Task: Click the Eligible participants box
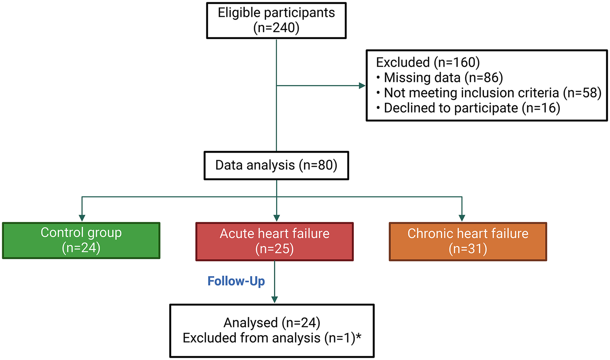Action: tap(276, 20)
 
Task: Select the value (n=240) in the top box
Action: tap(276, 28)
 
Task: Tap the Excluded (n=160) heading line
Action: tap(428, 62)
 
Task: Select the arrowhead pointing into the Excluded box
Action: tap(362, 86)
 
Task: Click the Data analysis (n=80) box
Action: tap(276, 165)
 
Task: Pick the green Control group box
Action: tap(81, 240)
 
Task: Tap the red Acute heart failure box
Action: tap(275, 241)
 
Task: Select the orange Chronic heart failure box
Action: tap(468, 241)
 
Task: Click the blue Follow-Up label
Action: tap(236, 281)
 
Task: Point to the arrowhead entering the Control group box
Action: tap(82, 218)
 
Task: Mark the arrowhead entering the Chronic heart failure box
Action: tap(462, 218)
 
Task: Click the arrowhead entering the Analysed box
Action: tap(275, 300)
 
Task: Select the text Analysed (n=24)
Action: tap(272, 323)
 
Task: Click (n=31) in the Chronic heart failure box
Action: tap(468, 249)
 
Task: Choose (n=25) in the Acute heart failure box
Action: tap(275, 249)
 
